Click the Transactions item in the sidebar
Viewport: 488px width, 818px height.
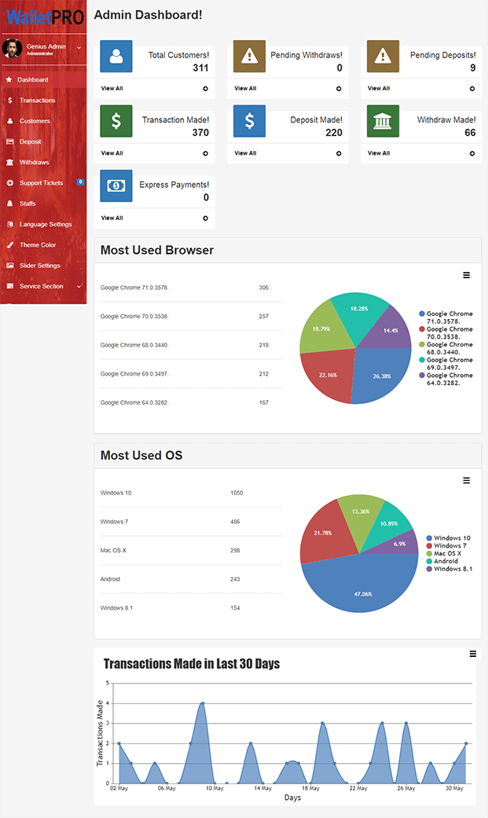coord(37,101)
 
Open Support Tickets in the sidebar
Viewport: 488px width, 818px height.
coord(41,183)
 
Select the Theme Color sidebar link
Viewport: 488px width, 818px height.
coord(38,245)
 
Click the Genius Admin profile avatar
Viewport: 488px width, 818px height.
coord(12,49)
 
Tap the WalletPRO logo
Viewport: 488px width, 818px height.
coord(44,16)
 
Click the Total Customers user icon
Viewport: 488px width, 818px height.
coord(116,56)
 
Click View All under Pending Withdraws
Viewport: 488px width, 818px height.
coord(246,89)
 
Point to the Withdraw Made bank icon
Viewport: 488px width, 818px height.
coord(383,121)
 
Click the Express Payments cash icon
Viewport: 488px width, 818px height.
coord(116,185)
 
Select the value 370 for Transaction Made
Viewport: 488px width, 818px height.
coord(200,133)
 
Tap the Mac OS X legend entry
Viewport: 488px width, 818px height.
coord(448,554)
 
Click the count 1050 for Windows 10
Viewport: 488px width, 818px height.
coord(237,493)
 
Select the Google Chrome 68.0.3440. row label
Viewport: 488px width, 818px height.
coord(134,346)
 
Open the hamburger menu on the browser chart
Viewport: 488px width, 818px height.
coord(466,275)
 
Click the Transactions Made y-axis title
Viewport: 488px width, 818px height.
coord(100,733)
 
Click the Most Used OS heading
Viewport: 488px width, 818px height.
coord(141,456)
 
